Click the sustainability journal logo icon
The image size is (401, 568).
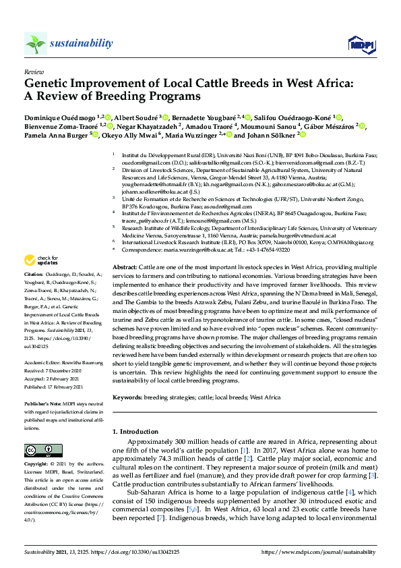pyautogui.click(x=36, y=44)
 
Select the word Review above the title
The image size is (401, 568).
pyautogui.click(x=33, y=71)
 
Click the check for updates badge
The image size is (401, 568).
pyautogui.click(x=41, y=260)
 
